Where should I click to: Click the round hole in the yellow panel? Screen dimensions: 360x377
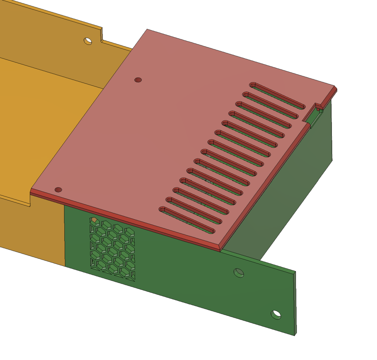tap(88, 41)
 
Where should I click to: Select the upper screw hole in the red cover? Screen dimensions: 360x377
tap(138, 80)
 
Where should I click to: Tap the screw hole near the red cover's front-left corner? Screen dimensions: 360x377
tap(58, 190)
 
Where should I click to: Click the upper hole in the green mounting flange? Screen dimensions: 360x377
tap(239, 273)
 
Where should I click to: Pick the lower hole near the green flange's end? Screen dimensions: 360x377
tap(275, 315)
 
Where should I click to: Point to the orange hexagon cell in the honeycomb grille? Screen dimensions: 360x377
tap(94, 220)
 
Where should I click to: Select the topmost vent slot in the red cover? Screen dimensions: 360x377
tap(278, 96)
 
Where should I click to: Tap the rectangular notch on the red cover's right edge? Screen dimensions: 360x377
tap(318, 106)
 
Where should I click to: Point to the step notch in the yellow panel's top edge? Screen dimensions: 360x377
tap(101, 35)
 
